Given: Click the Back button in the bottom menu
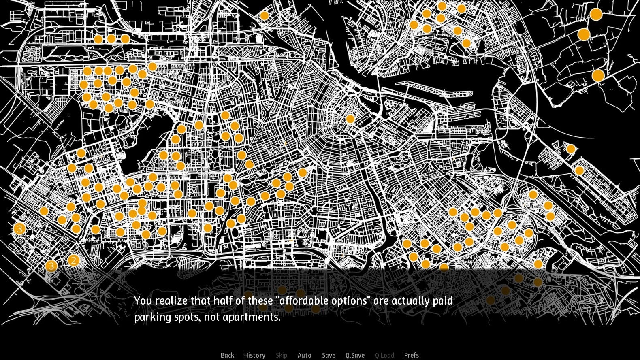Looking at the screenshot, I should [x=227, y=355].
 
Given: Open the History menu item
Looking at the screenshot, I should [x=254, y=355].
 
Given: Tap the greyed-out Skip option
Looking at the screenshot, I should [x=282, y=355].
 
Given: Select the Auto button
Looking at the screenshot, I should [x=304, y=355].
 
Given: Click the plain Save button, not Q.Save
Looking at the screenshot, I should [x=329, y=355].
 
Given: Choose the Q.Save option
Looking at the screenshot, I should [x=355, y=355].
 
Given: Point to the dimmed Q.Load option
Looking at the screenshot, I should [x=384, y=355].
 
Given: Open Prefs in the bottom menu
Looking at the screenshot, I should [x=412, y=355].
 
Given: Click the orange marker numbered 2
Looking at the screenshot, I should [x=73, y=260].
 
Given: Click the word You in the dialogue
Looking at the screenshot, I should [x=143, y=301].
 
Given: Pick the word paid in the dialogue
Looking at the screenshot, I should [x=442, y=302].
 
